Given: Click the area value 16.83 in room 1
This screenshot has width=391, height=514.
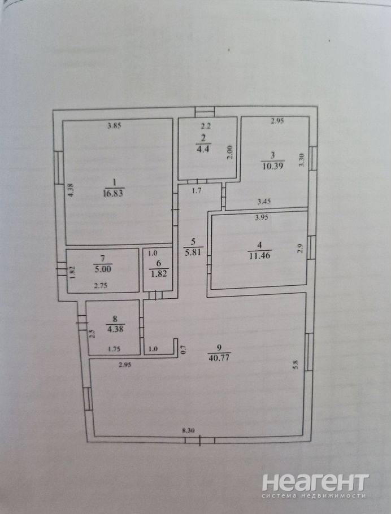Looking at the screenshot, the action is (x=113, y=193).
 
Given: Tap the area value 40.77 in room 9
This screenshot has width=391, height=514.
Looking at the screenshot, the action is (x=219, y=357).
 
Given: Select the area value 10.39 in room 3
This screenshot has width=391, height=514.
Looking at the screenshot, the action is (x=272, y=166).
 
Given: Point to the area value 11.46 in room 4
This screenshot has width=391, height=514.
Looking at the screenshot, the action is (x=259, y=255).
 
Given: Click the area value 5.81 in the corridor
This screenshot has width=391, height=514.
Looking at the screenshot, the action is (x=193, y=252).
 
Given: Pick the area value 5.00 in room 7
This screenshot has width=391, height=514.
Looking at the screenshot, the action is (x=103, y=269).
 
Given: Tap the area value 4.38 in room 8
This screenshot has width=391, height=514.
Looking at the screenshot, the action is (x=115, y=329).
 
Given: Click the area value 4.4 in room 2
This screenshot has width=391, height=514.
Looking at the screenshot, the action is (x=203, y=149).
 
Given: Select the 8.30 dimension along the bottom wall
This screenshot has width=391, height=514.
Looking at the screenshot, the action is (x=188, y=431).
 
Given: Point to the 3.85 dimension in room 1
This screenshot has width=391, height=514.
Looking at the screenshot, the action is (x=115, y=125).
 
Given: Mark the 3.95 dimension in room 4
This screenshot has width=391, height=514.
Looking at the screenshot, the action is (x=262, y=217).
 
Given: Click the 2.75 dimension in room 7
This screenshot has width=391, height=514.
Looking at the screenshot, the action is (x=101, y=285).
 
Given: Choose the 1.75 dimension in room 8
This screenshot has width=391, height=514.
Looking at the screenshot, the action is (x=114, y=350).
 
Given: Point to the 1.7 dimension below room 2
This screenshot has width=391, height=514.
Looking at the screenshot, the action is (x=197, y=191).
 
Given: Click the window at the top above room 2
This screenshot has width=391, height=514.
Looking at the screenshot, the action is (x=205, y=111).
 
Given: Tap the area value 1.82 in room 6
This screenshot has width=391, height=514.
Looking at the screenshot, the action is (x=159, y=274).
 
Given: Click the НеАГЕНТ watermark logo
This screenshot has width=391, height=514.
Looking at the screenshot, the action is (x=315, y=482).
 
